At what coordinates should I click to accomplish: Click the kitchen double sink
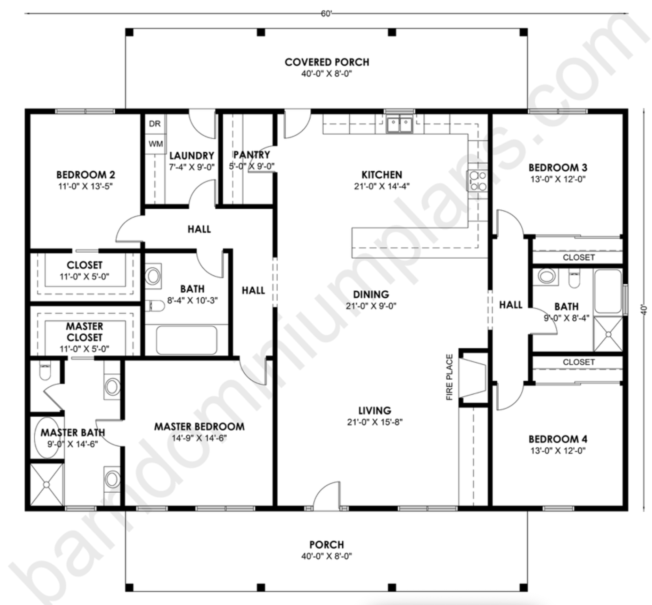pyautogui.click(x=399, y=125)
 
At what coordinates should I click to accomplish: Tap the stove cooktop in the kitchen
pyautogui.click(x=477, y=181)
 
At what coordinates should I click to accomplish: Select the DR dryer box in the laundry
pyautogui.click(x=155, y=124)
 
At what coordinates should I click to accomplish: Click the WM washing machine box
pyautogui.click(x=155, y=144)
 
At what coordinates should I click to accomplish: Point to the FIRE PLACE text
pyautogui.click(x=450, y=377)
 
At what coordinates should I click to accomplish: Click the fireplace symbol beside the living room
pyautogui.click(x=473, y=378)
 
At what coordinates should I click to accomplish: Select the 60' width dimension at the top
pyautogui.click(x=326, y=14)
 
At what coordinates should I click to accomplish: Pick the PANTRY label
pyautogui.click(x=252, y=155)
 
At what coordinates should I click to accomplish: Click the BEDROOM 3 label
pyautogui.click(x=558, y=168)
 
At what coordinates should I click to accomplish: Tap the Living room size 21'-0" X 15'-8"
pyautogui.click(x=375, y=422)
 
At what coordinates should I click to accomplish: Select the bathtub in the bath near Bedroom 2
pyautogui.click(x=186, y=340)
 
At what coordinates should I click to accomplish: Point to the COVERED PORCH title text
pyautogui.click(x=327, y=62)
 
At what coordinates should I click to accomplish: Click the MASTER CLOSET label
pyautogui.click(x=84, y=332)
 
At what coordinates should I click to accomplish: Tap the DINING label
pyautogui.click(x=371, y=295)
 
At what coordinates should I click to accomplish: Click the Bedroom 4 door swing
pyautogui.click(x=510, y=396)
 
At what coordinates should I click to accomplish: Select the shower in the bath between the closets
pyautogui.click(x=608, y=334)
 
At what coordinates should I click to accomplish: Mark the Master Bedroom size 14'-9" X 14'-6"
pyautogui.click(x=199, y=438)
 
